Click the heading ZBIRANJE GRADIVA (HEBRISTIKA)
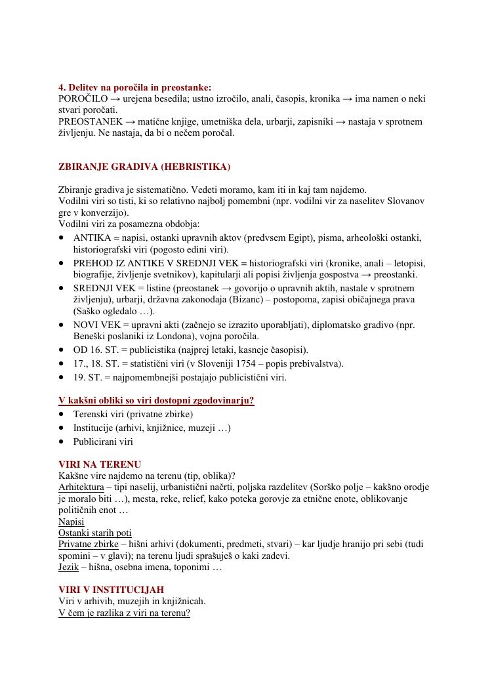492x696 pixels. coord(144,167)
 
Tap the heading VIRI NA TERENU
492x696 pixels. coord(100,464)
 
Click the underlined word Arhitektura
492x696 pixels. coord(81,487)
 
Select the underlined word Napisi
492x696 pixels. coord(72,522)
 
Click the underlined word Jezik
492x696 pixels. coord(69,567)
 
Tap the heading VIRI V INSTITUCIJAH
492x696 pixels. coord(112,590)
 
